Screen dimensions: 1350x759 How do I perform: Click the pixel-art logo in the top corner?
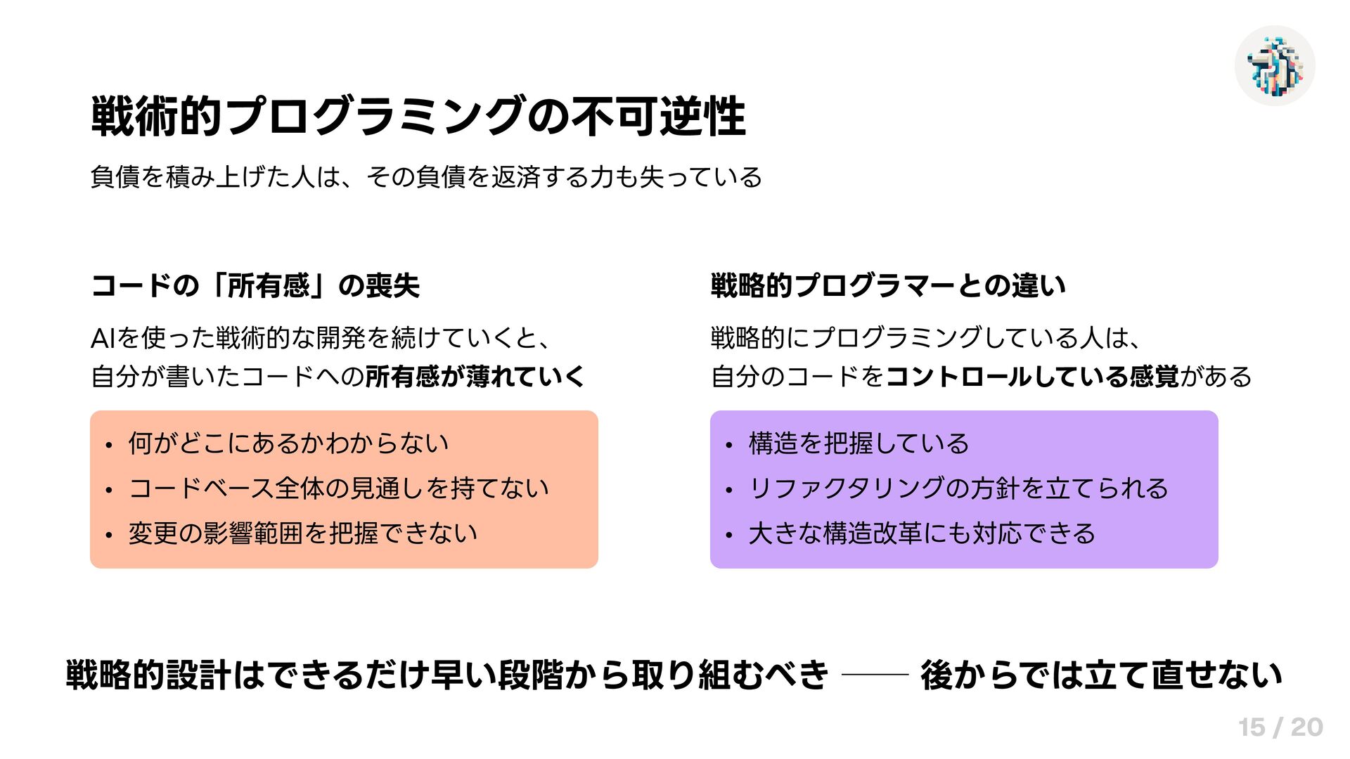[x=1275, y=66]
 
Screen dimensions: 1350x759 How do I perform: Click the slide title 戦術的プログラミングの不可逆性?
[x=418, y=117]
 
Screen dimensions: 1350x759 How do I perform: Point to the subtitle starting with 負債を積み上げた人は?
[x=426, y=177]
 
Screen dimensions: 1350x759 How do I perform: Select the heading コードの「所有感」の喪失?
[x=255, y=286]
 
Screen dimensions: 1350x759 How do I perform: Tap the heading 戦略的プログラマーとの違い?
[x=888, y=286]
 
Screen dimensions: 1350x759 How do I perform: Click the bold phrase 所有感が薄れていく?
[x=475, y=377]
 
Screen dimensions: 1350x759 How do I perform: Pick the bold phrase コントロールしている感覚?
[x=1031, y=377]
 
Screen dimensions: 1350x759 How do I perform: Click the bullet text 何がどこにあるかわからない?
[x=288, y=443]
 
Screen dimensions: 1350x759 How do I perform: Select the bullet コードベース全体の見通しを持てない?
[x=338, y=488]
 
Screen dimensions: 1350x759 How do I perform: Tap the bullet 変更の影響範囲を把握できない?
[x=302, y=533]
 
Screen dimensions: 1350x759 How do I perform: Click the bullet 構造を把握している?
[x=859, y=443]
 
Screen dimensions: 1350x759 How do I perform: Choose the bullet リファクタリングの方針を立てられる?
[x=958, y=488]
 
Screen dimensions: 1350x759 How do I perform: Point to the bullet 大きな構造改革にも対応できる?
[x=922, y=533]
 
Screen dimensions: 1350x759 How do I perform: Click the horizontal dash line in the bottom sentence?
[x=875, y=675]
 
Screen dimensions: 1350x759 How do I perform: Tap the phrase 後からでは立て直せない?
[x=1101, y=675]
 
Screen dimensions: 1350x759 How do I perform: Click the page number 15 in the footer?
[x=1252, y=727]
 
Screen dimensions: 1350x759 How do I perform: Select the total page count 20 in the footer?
[x=1307, y=727]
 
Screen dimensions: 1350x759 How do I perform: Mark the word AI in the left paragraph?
[x=103, y=339]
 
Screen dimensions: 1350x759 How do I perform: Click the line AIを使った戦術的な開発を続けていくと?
[x=320, y=339]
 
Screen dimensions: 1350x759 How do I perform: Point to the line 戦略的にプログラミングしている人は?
[x=925, y=339]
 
